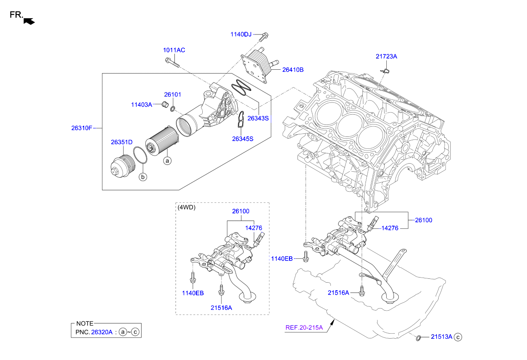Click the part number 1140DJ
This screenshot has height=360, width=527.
[x=241, y=34]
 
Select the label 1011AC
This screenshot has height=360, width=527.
[x=174, y=50]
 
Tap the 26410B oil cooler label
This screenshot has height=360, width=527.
[x=293, y=69]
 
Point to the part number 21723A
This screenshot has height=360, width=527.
[x=386, y=56]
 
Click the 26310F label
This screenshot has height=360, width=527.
[x=81, y=127]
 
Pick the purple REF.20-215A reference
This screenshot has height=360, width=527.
[x=304, y=327]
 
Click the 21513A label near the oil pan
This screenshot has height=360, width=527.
[x=442, y=337]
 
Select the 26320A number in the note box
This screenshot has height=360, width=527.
[x=102, y=332]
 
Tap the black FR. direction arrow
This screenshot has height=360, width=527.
[x=29, y=20]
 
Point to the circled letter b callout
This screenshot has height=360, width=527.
[x=143, y=176]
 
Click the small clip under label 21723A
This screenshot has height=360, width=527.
[x=385, y=71]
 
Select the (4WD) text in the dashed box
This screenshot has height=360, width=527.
[x=187, y=208]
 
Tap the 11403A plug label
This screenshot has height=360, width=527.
[x=141, y=104]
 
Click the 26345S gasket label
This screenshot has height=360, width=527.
[x=243, y=138]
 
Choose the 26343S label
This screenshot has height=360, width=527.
[x=258, y=118]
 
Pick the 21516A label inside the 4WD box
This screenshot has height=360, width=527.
[x=221, y=307]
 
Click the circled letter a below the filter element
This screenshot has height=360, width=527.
[x=167, y=161]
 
